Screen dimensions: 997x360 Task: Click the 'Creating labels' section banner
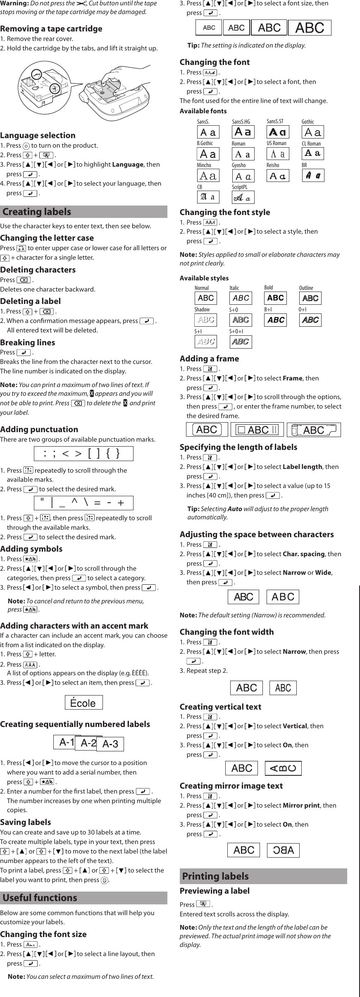point(83,212)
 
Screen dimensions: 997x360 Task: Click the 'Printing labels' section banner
point(263,876)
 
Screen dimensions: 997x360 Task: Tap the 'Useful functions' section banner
point(83,898)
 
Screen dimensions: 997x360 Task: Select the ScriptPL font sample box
point(243,197)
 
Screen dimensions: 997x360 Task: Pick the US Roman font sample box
point(278,154)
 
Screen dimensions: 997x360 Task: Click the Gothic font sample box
point(312,132)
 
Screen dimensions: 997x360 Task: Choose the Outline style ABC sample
point(310,298)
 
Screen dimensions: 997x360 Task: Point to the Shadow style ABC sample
point(205,320)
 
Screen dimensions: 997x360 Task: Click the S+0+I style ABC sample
point(240,342)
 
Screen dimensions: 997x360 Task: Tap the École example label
point(83,703)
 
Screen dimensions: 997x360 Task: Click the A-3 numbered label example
point(110,744)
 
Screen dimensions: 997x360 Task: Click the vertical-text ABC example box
point(283,768)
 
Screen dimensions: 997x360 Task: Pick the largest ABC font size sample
point(310,28)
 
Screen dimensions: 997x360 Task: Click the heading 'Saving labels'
point(26,822)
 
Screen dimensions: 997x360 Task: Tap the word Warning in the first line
point(14,3)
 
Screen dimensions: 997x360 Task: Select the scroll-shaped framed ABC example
point(314,430)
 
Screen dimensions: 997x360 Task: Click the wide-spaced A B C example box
point(283,597)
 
